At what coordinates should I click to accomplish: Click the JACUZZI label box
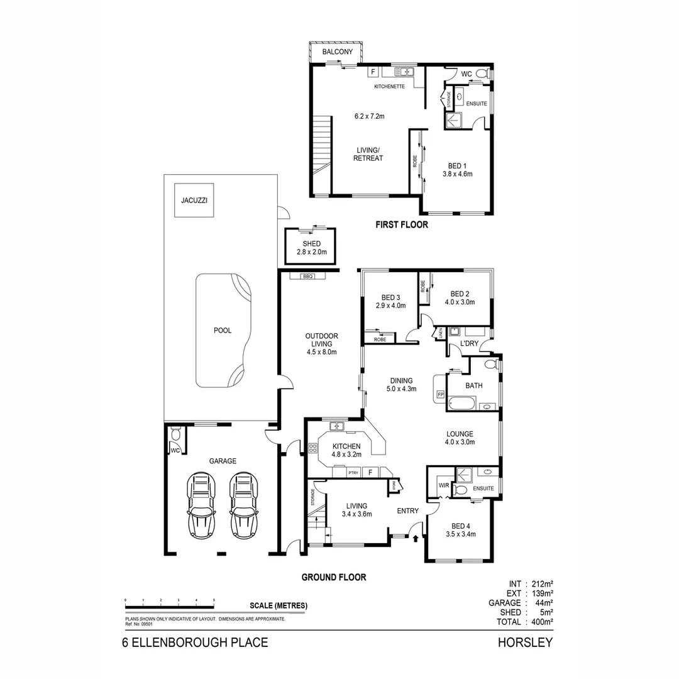[x=193, y=201]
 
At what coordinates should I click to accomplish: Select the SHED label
[x=311, y=244]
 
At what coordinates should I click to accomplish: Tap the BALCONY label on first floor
[x=337, y=52]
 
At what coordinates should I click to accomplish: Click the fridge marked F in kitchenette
[x=372, y=72]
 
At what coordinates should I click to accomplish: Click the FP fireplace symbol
[x=440, y=395]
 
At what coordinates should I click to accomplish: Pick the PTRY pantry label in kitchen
[x=354, y=472]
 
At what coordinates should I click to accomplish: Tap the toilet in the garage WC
[x=175, y=434]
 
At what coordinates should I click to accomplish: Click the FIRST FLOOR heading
[x=401, y=224]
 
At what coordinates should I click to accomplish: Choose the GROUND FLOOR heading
[x=333, y=577]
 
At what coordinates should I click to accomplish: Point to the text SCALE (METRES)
[x=279, y=606]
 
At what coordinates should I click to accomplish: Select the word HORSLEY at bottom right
[x=525, y=643]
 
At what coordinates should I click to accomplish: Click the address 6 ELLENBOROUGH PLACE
[x=195, y=643]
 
